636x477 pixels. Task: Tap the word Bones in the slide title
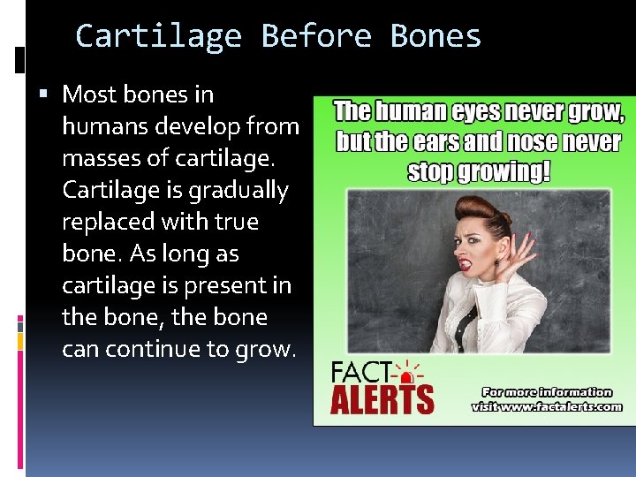click(x=435, y=36)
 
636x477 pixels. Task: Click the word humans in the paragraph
click(x=105, y=126)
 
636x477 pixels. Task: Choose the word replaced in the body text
click(x=108, y=222)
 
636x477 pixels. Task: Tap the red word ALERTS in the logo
click(x=382, y=399)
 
